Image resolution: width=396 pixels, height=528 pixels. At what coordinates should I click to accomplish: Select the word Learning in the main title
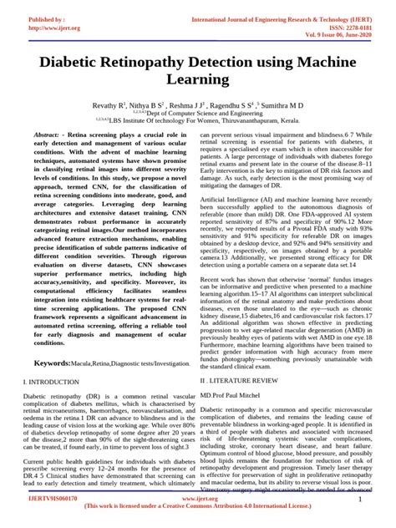[x=197, y=81]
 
